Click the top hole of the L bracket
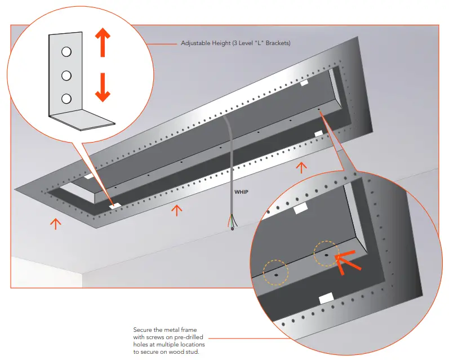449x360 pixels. click(66, 52)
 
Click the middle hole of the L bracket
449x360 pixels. click(66, 75)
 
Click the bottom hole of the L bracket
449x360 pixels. click(66, 98)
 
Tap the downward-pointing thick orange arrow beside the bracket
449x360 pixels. click(102, 87)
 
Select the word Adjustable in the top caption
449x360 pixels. click(194, 43)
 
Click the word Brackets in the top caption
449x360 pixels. click(277, 43)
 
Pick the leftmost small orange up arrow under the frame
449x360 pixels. click(55, 224)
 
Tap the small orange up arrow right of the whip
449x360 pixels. click(302, 167)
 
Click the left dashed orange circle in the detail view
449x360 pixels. click(277, 272)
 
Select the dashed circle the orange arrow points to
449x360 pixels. click(326, 254)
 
